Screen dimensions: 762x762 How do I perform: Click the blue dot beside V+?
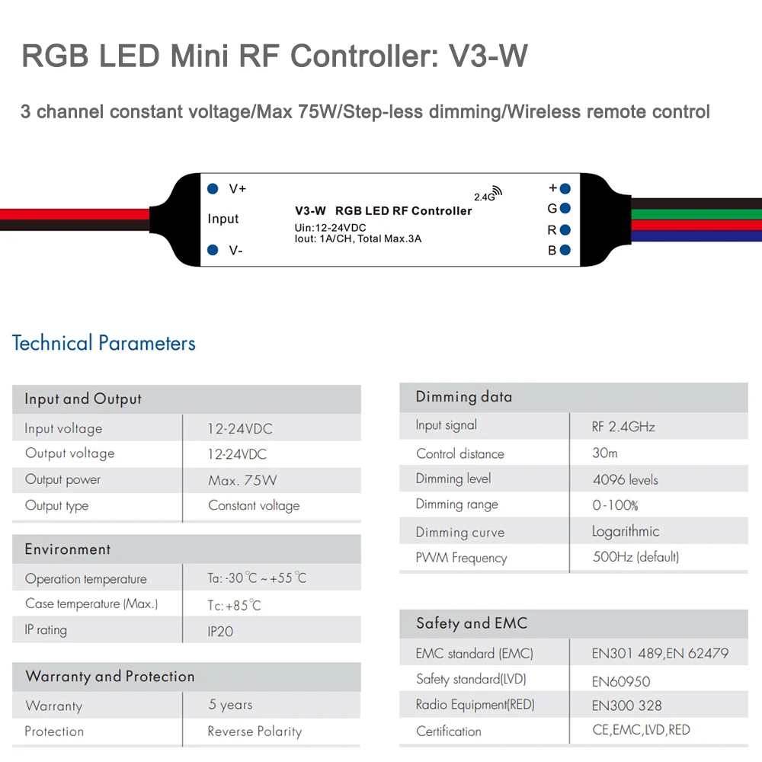pos(213,188)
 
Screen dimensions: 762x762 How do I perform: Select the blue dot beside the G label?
pos(565,208)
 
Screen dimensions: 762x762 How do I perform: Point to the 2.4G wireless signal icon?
pos(496,191)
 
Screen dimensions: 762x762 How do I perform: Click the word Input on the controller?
pos(223,219)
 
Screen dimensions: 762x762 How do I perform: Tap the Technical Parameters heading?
pos(104,343)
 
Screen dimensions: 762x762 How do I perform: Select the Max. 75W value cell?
pos(242,480)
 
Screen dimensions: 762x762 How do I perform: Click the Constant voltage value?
pos(254,505)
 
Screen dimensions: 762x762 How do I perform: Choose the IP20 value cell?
pos(220,631)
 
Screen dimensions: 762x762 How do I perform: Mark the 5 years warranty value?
pos(230,705)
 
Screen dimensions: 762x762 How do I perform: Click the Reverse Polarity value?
pos(255,732)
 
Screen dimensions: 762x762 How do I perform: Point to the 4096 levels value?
pos(625,480)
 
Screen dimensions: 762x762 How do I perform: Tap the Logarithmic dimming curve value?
pos(626,531)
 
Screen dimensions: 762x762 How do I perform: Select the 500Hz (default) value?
pos(636,557)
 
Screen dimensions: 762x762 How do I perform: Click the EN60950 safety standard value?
pos(621,681)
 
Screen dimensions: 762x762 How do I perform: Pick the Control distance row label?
pos(460,453)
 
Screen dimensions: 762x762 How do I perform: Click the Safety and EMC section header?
pos(472,623)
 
